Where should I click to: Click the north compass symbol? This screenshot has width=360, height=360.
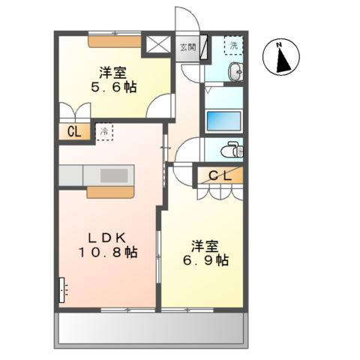tap(283, 58)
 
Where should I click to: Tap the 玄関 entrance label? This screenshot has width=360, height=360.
tap(187, 46)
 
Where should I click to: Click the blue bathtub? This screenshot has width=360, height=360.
tap(223, 121)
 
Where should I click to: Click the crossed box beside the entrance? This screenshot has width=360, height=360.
tap(158, 44)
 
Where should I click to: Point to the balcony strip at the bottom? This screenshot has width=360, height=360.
tap(150, 328)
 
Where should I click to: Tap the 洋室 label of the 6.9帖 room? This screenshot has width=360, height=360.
tap(204, 244)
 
